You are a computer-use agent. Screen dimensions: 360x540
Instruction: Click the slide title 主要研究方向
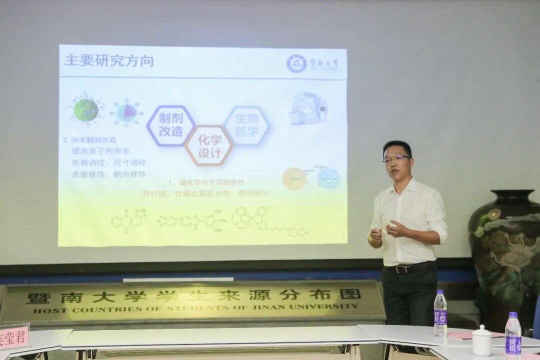[x=108, y=61]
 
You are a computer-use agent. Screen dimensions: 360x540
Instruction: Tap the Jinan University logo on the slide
[x=296, y=63]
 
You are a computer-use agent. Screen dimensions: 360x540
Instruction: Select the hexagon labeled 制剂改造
[x=171, y=125]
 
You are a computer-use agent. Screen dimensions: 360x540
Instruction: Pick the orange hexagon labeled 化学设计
[x=209, y=146]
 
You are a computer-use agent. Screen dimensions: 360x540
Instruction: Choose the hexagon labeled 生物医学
[x=246, y=125]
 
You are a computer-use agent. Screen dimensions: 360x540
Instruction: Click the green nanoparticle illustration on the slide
[x=86, y=109]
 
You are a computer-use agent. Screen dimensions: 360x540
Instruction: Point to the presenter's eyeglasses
[x=396, y=158]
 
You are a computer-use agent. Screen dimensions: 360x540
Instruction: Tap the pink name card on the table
[x=13, y=337]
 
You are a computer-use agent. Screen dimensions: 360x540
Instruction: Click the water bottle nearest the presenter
[x=440, y=314]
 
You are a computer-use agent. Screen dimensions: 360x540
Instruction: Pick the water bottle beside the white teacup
[x=512, y=334]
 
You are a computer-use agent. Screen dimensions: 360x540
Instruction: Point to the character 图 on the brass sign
[x=349, y=294]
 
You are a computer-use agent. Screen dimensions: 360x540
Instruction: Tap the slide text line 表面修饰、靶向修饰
[x=108, y=174]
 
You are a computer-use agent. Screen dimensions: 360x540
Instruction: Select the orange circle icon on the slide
[x=294, y=178]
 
